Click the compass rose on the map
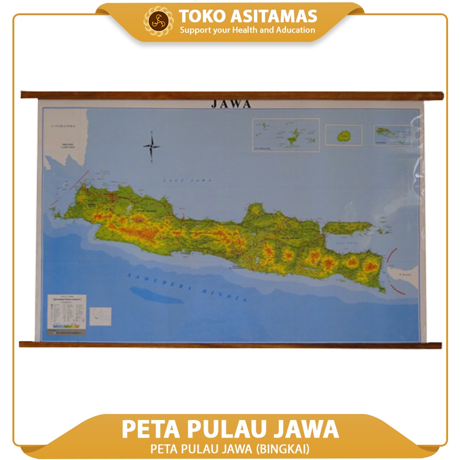[x=151, y=147]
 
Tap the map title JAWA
[x=231, y=104]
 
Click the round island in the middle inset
[x=343, y=136]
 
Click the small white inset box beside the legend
[x=101, y=316]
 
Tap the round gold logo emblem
[x=161, y=21]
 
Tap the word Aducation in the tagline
[x=296, y=30]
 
